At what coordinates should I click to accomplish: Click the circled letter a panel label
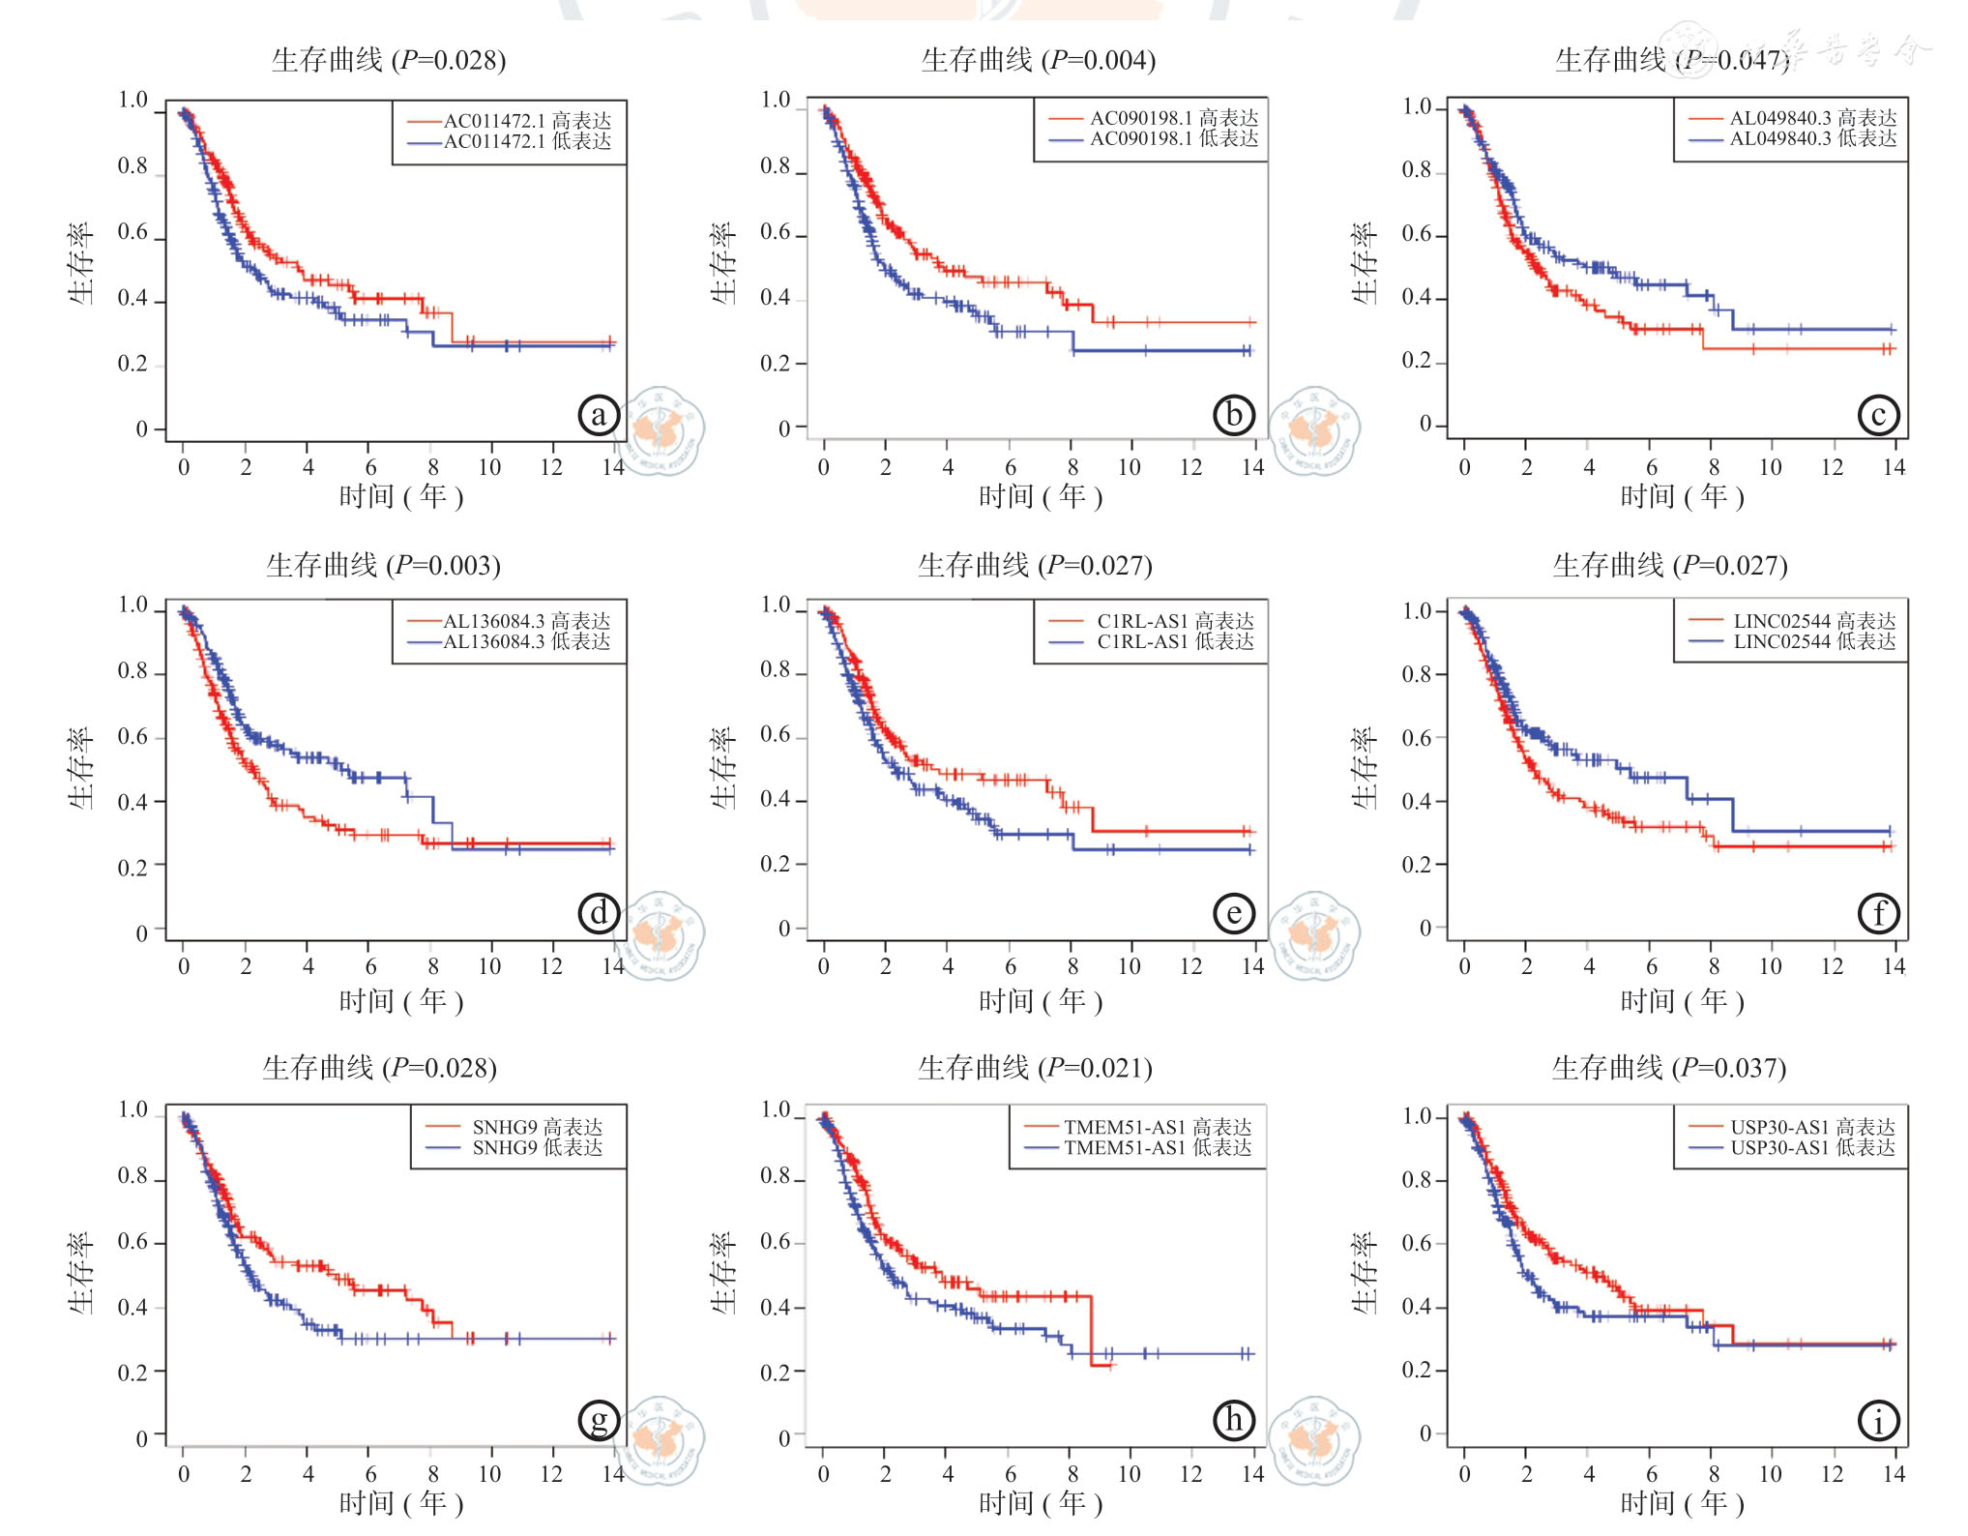(599, 415)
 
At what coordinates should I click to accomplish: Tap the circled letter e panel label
(1234, 913)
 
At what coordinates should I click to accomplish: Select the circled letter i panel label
(1878, 1421)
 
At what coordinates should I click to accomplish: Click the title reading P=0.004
(1038, 60)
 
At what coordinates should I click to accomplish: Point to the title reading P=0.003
(383, 565)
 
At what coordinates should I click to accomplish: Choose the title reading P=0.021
(1035, 1068)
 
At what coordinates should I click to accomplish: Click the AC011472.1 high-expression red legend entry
(511, 121)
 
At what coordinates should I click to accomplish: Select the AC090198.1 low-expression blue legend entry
(1155, 139)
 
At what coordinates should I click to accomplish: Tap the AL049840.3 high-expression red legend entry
(1794, 118)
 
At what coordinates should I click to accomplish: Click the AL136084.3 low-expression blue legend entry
(510, 642)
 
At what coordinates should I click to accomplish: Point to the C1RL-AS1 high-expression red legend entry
(1153, 621)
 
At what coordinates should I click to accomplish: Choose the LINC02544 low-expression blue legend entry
(1794, 642)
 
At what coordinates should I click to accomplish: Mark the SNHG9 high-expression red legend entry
(515, 1127)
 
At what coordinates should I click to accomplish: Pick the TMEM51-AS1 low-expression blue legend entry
(1139, 1148)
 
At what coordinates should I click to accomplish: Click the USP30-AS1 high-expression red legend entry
(1793, 1127)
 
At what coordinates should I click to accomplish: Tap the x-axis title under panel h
(1041, 1502)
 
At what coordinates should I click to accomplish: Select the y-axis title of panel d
(81, 768)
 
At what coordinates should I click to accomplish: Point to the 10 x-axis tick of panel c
(1770, 467)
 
